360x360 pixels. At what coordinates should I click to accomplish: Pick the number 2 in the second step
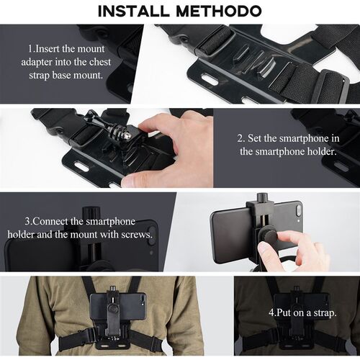tap(240, 138)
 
